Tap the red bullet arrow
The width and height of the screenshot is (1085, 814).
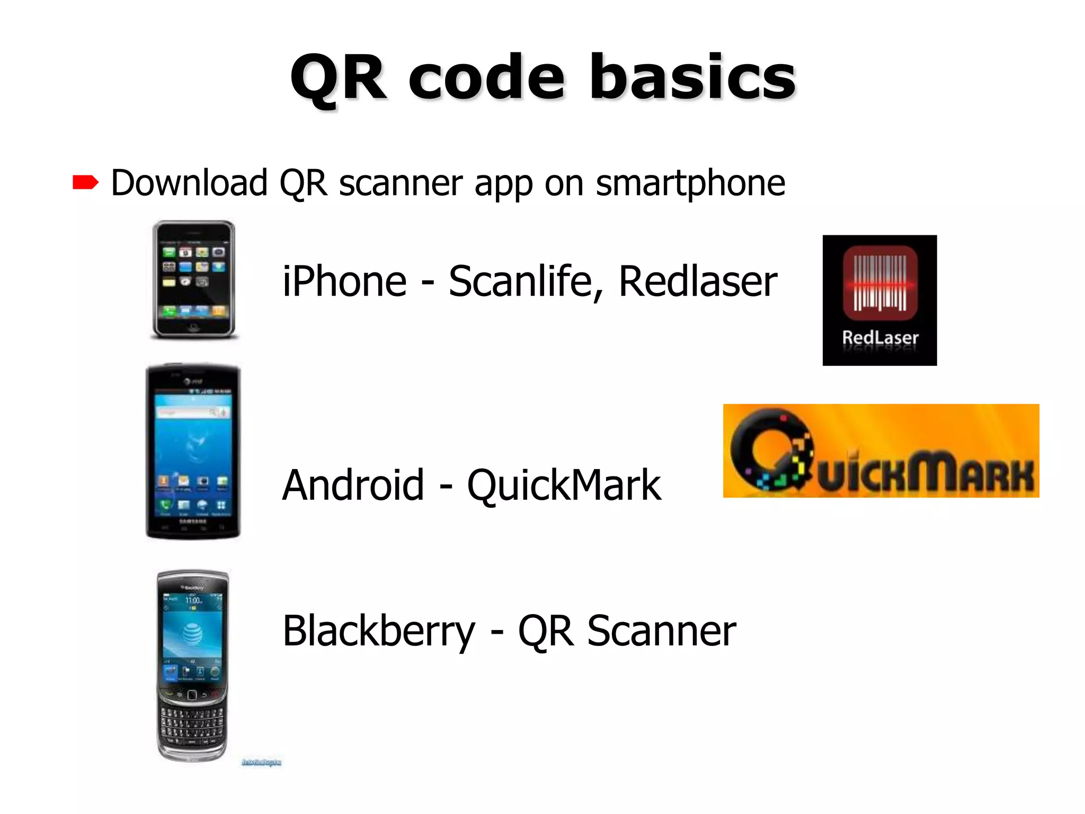[x=85, y=183]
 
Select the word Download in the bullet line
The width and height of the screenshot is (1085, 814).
[x=189, y=183]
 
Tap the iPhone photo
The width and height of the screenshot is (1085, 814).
[x=194, y=279]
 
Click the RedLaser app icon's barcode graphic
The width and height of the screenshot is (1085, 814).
[x=879, y=282]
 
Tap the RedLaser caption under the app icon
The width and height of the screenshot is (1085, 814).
[x=880, y=338]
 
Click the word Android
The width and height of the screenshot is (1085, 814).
[x=353, y=485]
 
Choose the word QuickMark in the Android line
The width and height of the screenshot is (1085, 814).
[x=564, y=485]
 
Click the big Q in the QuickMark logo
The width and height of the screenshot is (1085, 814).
[x=768, y=450]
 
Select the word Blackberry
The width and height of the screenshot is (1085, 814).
[x=379, y=631]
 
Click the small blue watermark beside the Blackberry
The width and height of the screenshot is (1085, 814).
[x=262, y=763]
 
